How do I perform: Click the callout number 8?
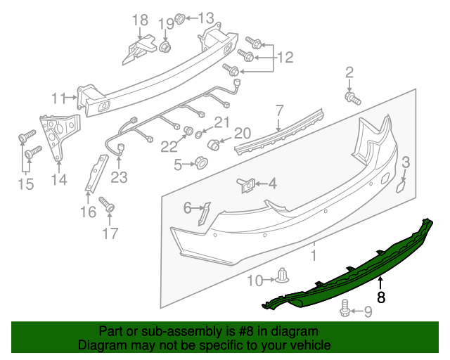pyautogui.click(x=381, y=297)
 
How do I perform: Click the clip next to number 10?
pyautogui.click(x=283, y=276)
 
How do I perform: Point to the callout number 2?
pyautogui.click(x=349, y=72)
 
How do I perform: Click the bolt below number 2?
pyautogui.click(x=352, y=97)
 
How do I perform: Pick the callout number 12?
pyautogui.click(x=284, y=57)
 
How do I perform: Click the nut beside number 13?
pyautogui.click(x=179, y=18)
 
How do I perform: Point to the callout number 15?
pyautogui.click(x=26, y=185)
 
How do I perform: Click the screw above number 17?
pyautogui.click(x=108, y=205)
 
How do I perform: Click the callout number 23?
pyautogui.click(x=119, y=177)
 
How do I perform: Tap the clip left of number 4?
pyautogui.click(x=244, y=184)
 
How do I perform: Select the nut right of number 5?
pyautogui.click(x=200, y=164)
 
